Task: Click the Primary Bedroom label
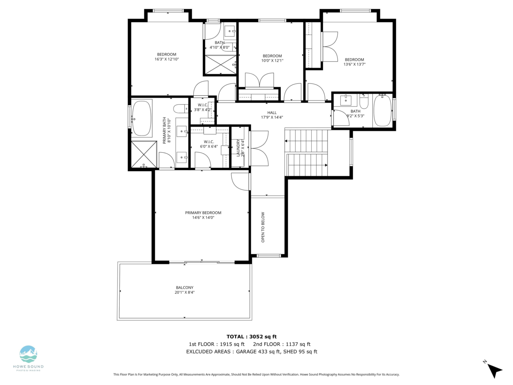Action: [x=203, y=213]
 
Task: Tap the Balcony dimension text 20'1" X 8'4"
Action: [x=185, y=292]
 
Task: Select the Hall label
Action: [x=272, y=113]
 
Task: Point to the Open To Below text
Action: [x=263, y=227]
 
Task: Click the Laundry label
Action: [x=238, y=148]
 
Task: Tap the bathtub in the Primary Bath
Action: [x=142, y=118]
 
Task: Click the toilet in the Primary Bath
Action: [x=181, y=109]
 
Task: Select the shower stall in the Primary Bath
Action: [x=144, y=154]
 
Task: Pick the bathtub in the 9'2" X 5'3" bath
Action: [x=382, y=110]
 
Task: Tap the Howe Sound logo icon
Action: [x=28, y=354]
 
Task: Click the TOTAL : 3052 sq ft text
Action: [x=251, y=337]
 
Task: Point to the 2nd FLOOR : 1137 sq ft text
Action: [x=282, y=344]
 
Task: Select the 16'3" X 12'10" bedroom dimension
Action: [x=167, y=59]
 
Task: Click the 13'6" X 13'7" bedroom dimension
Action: [x=354, y=64]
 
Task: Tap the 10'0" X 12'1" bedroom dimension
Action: [x=272, y=61]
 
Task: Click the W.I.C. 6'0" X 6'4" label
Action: [x=209, y=144]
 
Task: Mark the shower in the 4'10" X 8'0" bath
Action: [x=221, y=65]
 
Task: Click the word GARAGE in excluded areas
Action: [x=246, y=352]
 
